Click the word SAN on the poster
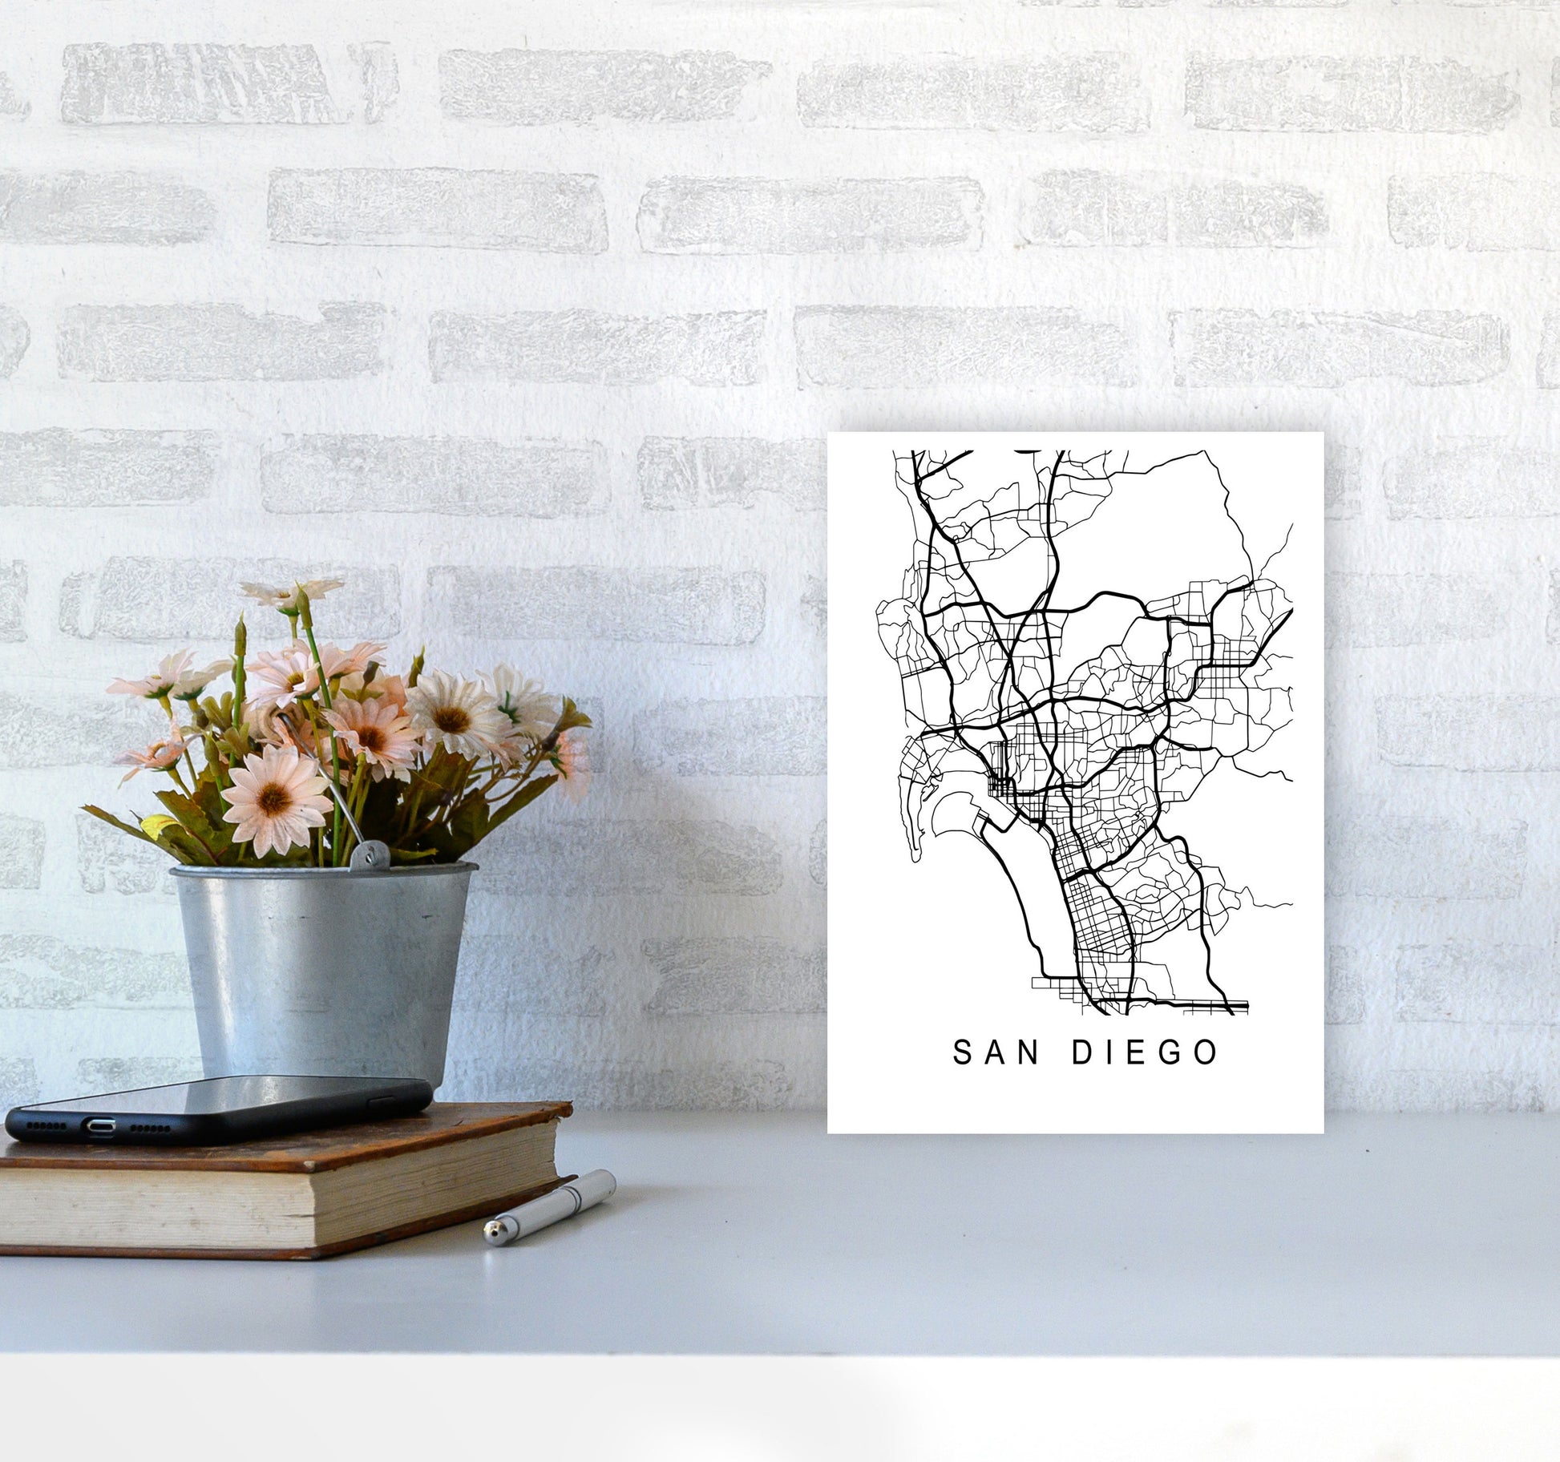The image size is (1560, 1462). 996,1052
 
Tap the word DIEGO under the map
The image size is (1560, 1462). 1146,1052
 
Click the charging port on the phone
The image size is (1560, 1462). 99,1125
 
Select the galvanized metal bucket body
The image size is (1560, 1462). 321,970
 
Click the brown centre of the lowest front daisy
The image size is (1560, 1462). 273,798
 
